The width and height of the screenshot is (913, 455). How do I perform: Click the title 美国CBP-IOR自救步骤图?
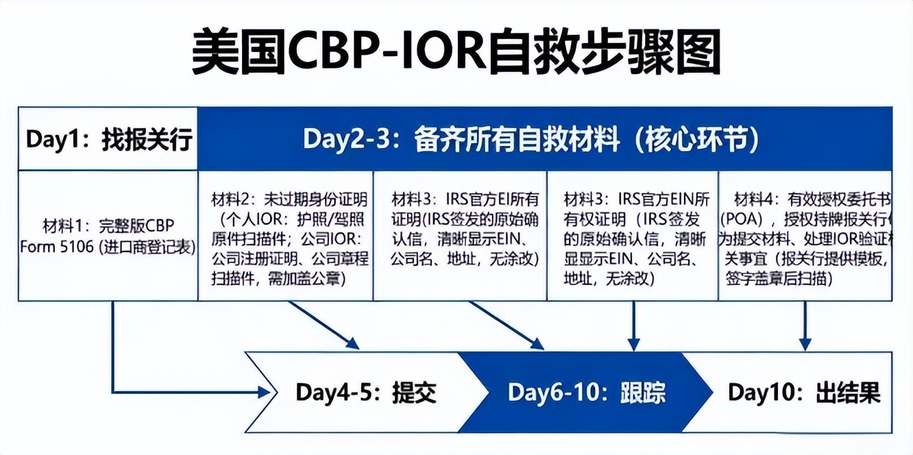pos(456,52)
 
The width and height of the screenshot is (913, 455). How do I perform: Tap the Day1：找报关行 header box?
pos(108,139)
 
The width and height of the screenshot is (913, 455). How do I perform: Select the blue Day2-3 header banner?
pos(545,139)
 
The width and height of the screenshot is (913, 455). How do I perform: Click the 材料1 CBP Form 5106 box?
pos(108,236)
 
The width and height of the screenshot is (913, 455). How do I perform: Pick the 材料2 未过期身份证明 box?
pos(286,236)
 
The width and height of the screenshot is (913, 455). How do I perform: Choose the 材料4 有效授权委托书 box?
pos(806,236)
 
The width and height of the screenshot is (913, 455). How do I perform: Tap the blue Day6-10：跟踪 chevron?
pos(586,393)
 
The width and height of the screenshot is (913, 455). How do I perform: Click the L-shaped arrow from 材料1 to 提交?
pos(114,356)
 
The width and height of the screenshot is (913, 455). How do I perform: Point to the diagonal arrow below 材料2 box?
pos(322,325)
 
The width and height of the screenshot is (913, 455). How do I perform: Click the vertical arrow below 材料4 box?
pos(805,325)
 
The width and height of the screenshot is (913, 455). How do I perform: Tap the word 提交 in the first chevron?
pos(414,393)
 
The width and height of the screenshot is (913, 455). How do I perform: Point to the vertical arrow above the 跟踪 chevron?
pos(634,325)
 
